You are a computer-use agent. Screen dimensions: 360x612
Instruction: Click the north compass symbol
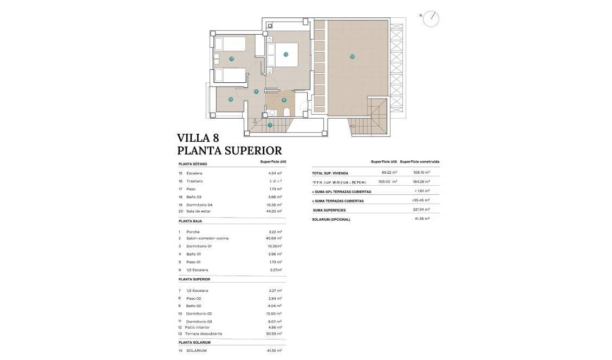pos(431,19)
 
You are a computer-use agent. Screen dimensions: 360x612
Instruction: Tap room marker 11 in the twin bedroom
pos(231,58)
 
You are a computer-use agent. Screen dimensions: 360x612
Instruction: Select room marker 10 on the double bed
pos(285,54)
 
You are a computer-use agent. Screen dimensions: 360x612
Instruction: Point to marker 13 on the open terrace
pos(352,56)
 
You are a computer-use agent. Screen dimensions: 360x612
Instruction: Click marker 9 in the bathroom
pos(283,100)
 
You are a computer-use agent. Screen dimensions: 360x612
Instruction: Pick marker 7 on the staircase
pos(270,125)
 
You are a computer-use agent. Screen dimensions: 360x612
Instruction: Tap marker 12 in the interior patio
pos(230,99)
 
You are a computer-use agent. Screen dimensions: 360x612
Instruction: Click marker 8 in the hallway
pos(256,91)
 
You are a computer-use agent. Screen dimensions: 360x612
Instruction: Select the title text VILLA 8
pos(198,138)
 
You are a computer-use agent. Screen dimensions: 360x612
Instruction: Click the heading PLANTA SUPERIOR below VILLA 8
pos(230,150)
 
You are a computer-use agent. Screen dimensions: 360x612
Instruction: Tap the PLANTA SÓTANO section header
pos(193,163)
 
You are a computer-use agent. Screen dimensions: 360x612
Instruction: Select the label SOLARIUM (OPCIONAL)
pos(331,219)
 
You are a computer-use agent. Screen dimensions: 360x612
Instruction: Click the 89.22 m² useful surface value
pos(389,173)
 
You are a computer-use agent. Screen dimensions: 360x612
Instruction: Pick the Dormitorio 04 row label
pos(199,205)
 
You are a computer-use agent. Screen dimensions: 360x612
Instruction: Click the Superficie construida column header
pos(420,161)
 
